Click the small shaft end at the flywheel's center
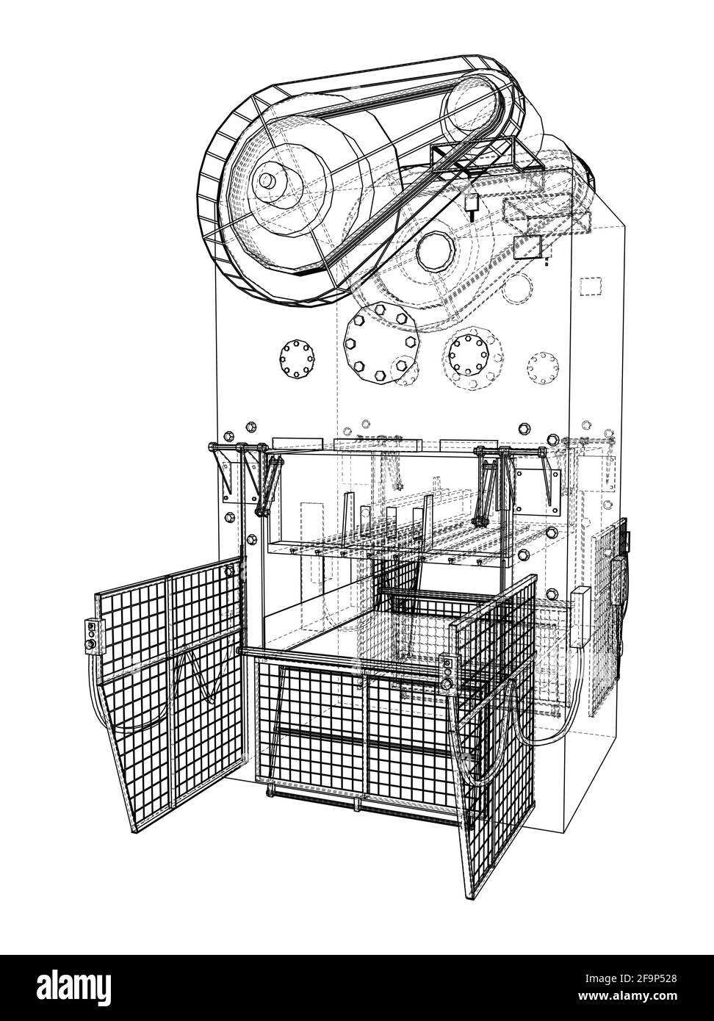coord(267,181)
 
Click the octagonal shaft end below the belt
coord(436,252)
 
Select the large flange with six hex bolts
coord(381,342)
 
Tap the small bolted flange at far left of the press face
coord(297,358)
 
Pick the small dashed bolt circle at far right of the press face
coord(543,368)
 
